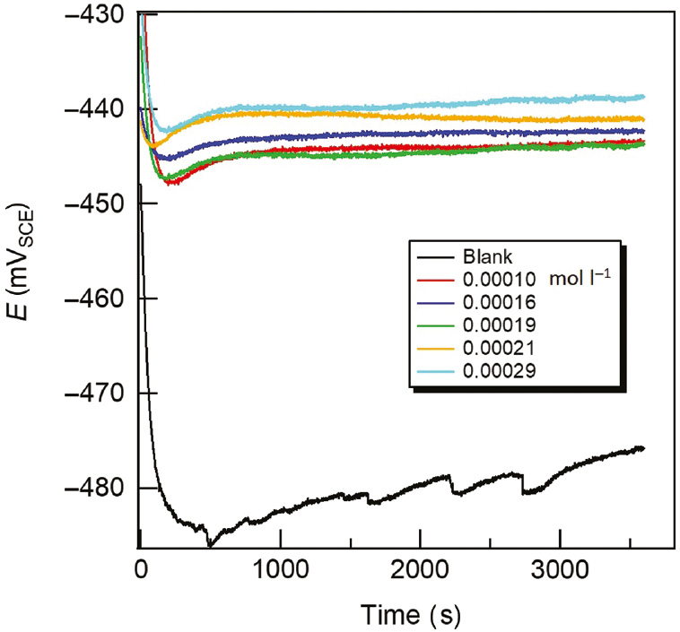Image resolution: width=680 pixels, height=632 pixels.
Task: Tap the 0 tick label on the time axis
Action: tap(140, 570)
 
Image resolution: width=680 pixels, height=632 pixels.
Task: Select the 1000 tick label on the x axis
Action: tap(280, 570)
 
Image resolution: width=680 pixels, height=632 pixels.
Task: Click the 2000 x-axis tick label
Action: tap(420, 570)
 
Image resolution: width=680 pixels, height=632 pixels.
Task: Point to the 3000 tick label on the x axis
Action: tap(560, 570)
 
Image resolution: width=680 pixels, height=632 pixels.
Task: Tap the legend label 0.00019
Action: tap(506, 323)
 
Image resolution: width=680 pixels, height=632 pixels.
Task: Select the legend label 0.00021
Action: tap(506, 346)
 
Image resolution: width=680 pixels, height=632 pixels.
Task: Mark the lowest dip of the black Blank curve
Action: tap(210, 544)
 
